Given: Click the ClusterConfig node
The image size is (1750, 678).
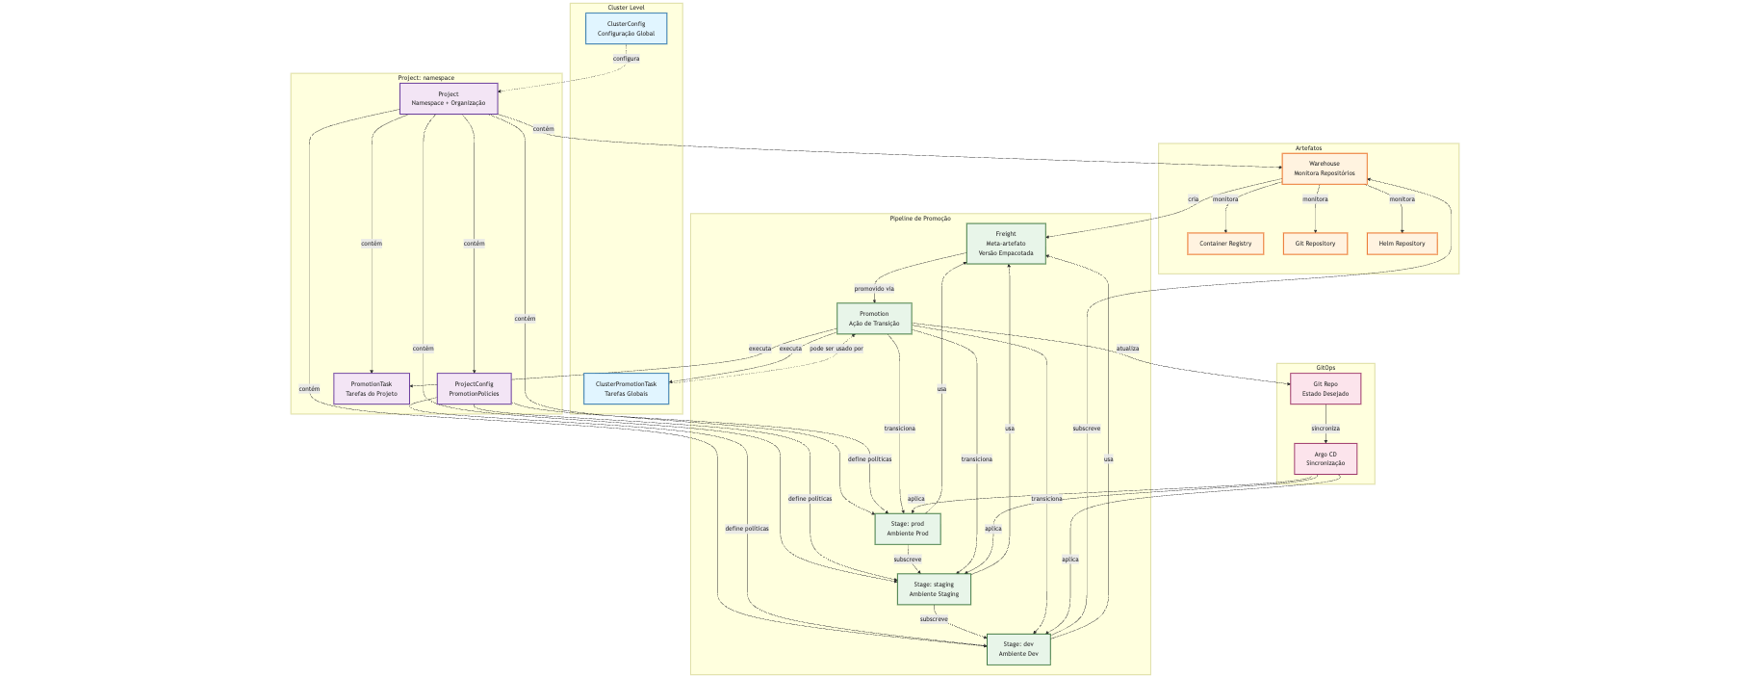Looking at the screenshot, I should click(x=626, y=28).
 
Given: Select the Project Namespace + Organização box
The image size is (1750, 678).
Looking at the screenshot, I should click(x=449, y=98).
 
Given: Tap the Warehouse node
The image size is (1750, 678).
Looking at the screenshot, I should click(x=1324, y=169).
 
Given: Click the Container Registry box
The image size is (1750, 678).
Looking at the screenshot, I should click(x=1224, y=244).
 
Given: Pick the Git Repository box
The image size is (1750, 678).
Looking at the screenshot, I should click(x=1314, y=244).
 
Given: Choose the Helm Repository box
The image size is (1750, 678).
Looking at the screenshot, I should click(x=1402, y=244).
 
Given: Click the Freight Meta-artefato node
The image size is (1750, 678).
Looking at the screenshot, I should click(x=1005, y=244).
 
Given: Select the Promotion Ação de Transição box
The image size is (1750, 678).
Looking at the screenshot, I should click(x=874, y=319).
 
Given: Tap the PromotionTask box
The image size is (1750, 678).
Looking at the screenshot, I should click(x=372, y=388).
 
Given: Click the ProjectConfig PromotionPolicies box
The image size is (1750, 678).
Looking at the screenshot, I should click(x=474, y=388).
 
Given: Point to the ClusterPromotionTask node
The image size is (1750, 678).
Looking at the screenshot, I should click(x=626, y=388).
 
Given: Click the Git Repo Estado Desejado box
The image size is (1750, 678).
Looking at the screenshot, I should click(x=1325, y=388).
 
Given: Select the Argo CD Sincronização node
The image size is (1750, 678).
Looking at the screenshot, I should click(x=1325, y=458).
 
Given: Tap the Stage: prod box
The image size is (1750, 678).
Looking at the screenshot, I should click(x=907, y=529).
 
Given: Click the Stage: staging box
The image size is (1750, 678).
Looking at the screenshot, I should click(x=933, y=588).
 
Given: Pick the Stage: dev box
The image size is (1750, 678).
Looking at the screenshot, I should click(x=1017, y=649).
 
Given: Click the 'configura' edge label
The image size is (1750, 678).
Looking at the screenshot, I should click(x=626, y=59).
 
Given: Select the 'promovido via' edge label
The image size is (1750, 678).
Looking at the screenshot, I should click(x=874, y=289).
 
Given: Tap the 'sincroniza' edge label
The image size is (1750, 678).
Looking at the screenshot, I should click(x=1325, y=429).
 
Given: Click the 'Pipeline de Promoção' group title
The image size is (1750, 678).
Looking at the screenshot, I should click(x=919, y=219).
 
